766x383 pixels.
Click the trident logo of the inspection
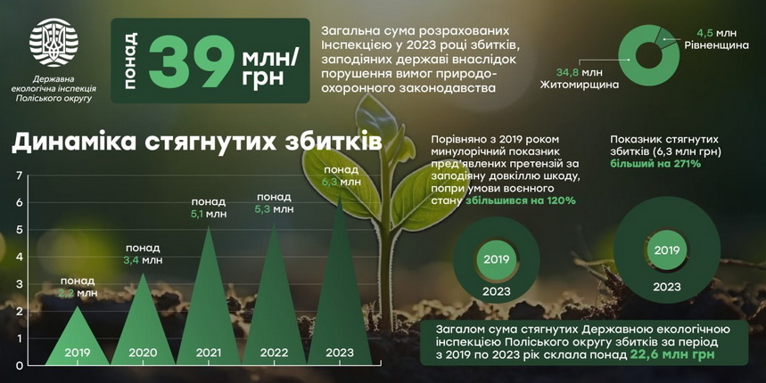tap(54, 43)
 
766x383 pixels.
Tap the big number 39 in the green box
tap(190, 61)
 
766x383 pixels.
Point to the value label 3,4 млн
tap(143, 261)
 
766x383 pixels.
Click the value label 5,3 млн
tap(274, 209)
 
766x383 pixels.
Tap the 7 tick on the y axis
tap(19, 175)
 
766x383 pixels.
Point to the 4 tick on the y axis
tap(19, 257)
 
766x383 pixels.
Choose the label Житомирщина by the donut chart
tap(580, 85)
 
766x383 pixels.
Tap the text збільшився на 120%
tap(520, 200)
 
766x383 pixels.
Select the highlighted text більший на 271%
tap(655, 164)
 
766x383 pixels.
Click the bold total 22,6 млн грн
tap(671, 354)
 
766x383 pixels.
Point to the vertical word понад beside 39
tap(130, 61)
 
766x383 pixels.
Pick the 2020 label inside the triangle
tap(143, 353)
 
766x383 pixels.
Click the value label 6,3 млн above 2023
tap(342, 182)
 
